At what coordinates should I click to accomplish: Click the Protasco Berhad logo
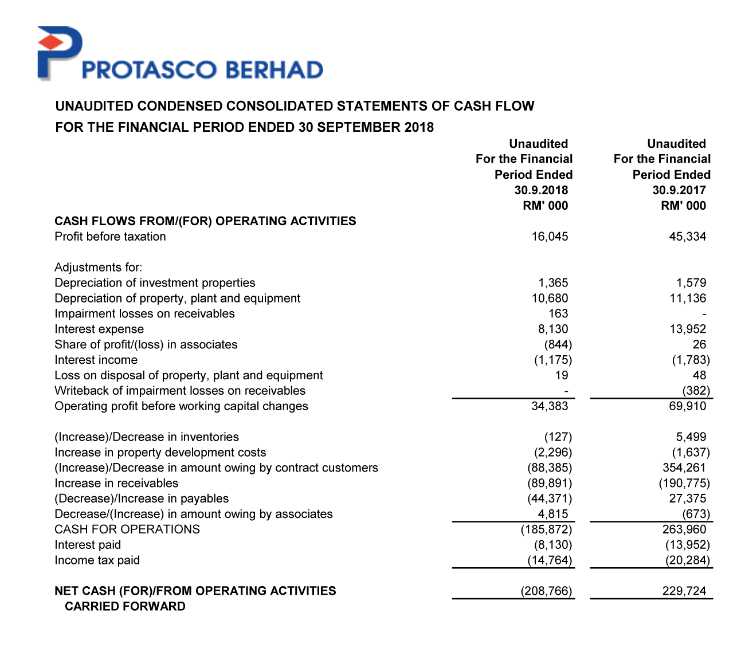(179, 54)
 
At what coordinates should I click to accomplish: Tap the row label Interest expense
(99, 329)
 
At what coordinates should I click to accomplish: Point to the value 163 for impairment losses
(558, 314)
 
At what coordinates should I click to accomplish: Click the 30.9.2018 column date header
(541, 190)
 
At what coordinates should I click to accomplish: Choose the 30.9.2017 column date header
(679, 190)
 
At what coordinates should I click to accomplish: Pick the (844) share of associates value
(558, 345)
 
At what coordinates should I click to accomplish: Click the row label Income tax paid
(97, 560)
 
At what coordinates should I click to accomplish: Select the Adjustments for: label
(98, 268)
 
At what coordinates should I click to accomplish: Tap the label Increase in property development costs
(160, 453)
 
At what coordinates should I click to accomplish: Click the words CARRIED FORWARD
(125, 607)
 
